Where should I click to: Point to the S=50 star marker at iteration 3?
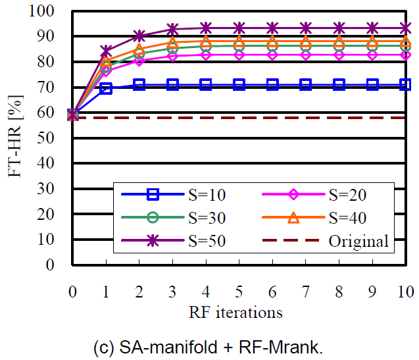tap(172, 30)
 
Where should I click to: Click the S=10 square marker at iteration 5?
tap(239, 85)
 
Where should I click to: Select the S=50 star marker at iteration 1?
tap(106, 51)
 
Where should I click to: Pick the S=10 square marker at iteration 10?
tap(405, 85)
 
